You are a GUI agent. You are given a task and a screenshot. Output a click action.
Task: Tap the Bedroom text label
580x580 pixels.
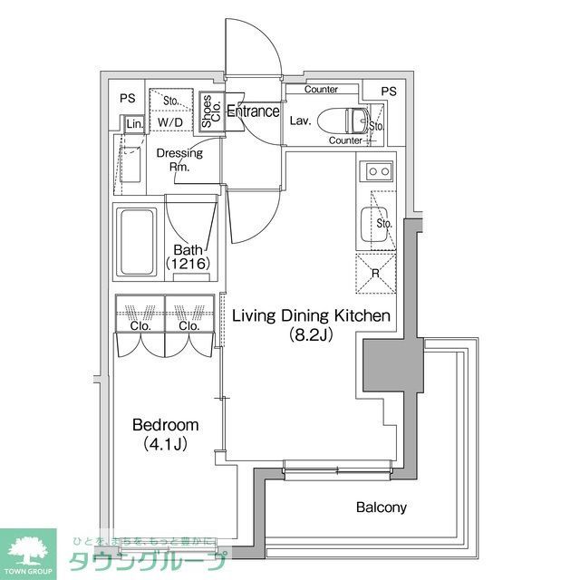pos(165,425)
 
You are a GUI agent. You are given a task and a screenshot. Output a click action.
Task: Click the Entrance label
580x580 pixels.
pos(252,111)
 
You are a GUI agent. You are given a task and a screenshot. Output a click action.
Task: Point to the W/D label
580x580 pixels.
pos(169,121)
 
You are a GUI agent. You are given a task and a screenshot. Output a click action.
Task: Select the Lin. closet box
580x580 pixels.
pos(134,123)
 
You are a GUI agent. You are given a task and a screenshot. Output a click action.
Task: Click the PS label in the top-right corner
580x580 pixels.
pos(388,92)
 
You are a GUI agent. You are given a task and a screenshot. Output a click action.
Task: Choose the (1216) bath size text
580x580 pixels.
pos(188,264)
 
